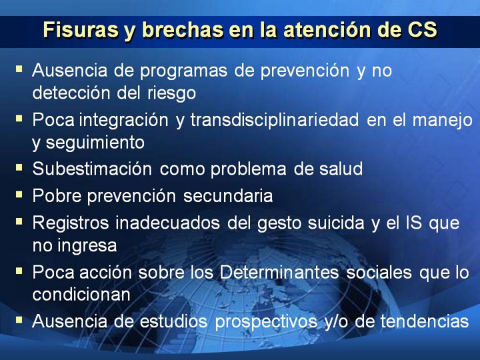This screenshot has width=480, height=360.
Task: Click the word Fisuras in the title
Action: [81, 30]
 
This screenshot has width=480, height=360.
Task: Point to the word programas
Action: [183, 71]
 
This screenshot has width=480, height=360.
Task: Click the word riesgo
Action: [171, 94]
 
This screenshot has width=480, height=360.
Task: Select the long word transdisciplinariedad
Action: [275, 119]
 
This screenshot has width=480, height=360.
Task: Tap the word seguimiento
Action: [95, 143]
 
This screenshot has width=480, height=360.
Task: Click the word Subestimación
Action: [92, 169]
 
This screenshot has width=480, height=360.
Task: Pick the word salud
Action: [341, 169]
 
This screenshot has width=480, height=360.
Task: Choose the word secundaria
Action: [228, 196]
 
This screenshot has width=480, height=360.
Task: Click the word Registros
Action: [71, 223]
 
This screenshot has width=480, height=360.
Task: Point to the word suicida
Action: [336, 223]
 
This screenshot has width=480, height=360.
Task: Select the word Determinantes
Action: [279, 272]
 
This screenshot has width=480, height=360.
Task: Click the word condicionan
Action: [81, 295]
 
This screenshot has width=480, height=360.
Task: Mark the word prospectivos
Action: [266, 322]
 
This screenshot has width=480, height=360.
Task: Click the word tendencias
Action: [425, 321]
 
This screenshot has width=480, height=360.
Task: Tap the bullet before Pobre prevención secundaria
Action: [19, 195]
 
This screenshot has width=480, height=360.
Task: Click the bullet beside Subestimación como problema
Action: [19, 167]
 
